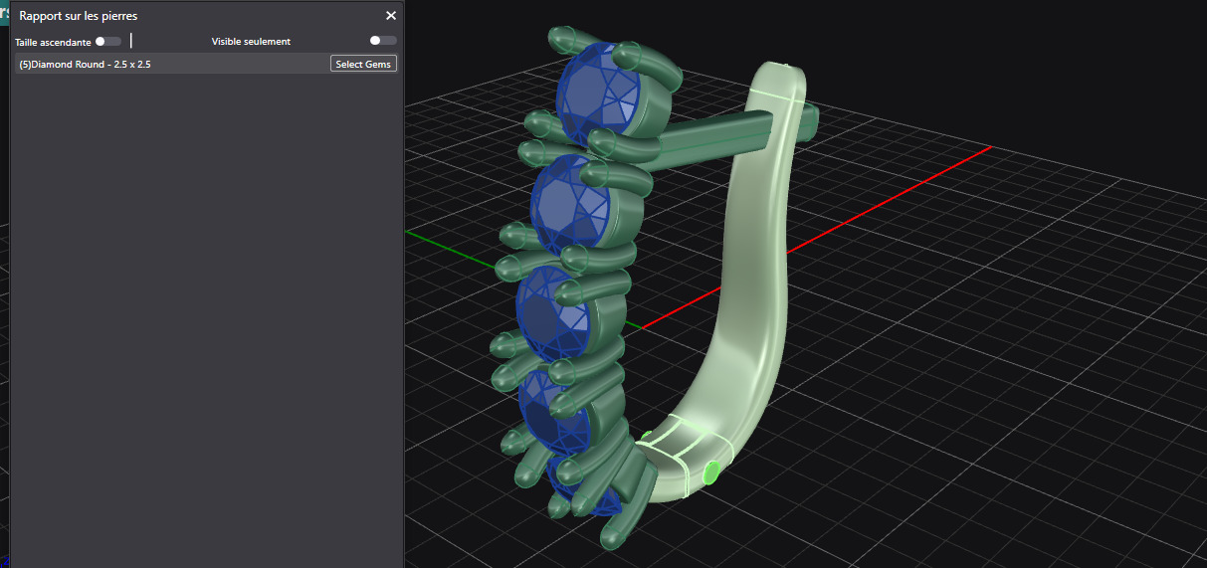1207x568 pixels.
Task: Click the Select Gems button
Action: click(363, 64)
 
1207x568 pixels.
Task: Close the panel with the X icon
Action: click(391, 16)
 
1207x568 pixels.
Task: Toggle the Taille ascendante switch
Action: click(108, 41)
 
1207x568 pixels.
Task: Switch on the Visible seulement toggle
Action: click(382, 41)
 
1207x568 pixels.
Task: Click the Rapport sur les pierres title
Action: click(79, 16)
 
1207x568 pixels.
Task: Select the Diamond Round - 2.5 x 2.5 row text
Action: click(85, 64)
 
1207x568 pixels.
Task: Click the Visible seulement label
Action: click(251, 42)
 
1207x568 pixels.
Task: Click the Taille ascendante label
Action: click(53, 43)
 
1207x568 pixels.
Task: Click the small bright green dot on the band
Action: click(710, 472)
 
